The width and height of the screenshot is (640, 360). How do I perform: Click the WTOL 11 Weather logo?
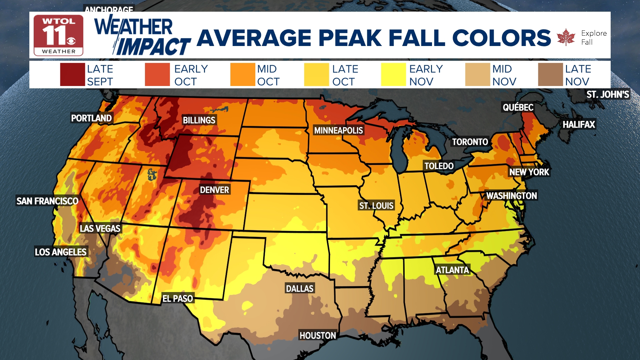tap(58, 35)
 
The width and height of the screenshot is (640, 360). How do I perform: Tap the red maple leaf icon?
tap(566, 37)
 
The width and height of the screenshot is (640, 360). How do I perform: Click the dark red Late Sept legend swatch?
tap(72, 75)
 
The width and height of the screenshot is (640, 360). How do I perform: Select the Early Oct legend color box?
tap(157, 75)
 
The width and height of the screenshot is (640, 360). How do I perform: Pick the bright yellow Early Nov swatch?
tap(393, 75)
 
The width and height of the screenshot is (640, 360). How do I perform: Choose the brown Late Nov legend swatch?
tap(550, 75)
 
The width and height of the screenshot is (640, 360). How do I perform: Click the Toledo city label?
tap(439, 166)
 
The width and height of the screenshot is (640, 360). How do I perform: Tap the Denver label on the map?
tap(214, 190)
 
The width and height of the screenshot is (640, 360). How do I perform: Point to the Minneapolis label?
tap(338, 130)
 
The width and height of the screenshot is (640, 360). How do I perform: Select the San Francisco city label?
tap(47, 201)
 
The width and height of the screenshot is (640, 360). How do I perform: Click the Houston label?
tap(317, 336)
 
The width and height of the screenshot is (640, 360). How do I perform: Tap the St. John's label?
tap(607, 95)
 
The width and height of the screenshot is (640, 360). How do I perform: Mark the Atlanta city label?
tap(452, 270)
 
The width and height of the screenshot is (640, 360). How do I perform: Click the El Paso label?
tap(177, 299)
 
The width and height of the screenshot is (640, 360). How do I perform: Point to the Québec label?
tap(518, 107)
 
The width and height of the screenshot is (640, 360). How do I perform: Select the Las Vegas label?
tap(100, 229)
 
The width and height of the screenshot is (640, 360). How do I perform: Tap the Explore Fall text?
tap(594, 38)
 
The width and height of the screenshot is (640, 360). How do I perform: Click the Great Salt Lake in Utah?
tap(152, 174)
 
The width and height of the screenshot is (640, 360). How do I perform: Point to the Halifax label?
tap(579, 125)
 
